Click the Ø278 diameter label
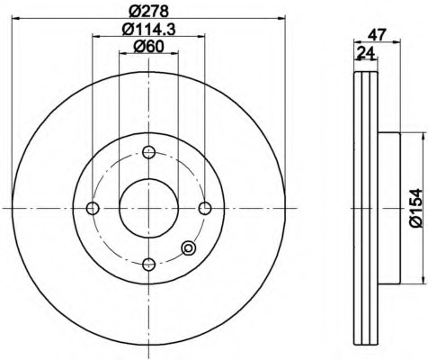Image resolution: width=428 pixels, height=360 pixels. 149,11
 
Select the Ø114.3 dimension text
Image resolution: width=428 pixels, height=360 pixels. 149,29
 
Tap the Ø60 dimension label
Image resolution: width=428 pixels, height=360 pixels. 149,47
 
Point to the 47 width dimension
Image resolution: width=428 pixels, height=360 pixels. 377,35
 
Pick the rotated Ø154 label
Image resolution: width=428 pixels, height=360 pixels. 415,208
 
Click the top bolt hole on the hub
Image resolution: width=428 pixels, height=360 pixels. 148,152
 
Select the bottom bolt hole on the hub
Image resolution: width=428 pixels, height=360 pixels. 148,264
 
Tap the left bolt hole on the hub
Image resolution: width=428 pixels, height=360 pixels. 93,208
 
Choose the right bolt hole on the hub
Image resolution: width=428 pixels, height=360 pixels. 205,208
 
